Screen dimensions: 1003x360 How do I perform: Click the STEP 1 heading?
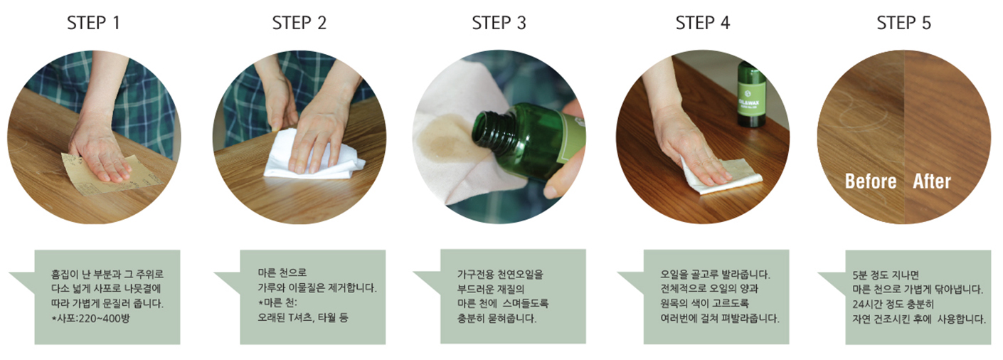[x=94, y=23]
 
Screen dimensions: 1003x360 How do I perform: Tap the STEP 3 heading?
[x=499, y=23]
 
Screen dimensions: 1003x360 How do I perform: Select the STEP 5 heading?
[x=903, y=23]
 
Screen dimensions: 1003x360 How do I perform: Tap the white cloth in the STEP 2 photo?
[x=314, y=157]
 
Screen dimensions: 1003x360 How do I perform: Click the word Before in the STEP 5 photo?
[x=871, y=181]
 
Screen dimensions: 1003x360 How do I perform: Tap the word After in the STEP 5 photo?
[x=932, y=181]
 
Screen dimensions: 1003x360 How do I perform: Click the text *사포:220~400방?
[x=90, y=319]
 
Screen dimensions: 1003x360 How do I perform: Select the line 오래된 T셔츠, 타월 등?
[x=303, y=318]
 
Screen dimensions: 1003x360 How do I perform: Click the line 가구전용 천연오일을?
[x=500, y=274]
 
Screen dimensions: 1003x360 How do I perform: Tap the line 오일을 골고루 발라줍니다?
[x=715, y=274]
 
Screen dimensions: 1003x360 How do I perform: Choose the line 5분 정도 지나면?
[x=886, y=275]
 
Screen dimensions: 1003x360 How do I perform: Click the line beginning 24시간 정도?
[x=893, y=305]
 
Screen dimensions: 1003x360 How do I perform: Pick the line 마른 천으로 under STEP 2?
[x=282, y=272]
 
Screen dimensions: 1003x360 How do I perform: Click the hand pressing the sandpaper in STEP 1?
[x=101, y=152]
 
